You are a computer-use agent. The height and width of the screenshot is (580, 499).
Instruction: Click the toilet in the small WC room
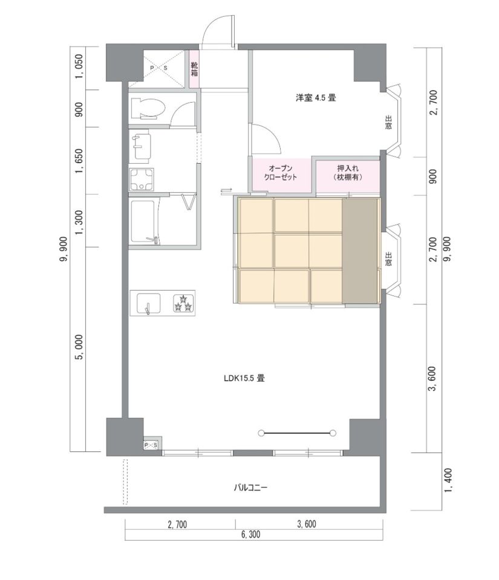pos(148,108)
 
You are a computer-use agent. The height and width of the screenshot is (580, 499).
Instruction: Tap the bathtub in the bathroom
pos(145,222)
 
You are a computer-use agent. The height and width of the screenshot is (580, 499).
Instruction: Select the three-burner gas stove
pos(184,303)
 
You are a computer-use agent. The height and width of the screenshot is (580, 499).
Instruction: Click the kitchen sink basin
pos(149,303)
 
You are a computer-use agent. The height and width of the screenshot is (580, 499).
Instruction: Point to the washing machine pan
pos(141,180)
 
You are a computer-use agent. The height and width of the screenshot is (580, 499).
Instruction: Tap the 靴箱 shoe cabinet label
pos(195,69)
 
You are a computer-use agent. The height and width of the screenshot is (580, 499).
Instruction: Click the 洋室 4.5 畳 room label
pos(316,98)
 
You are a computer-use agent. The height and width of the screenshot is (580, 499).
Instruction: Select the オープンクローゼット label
pos(281,173)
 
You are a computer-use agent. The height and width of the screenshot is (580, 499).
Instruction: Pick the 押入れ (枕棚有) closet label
pos(348,173)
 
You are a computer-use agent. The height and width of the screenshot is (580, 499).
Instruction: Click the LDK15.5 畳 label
pos(244,378)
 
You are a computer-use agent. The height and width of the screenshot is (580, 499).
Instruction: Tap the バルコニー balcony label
pos(250,488)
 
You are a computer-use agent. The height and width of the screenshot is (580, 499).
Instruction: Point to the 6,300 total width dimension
pos(250,534)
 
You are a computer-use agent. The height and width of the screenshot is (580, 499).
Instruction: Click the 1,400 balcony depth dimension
pos(448,480)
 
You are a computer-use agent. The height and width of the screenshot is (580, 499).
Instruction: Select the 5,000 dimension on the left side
pos(80,347)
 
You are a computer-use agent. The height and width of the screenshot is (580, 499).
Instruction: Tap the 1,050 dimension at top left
pos(80,66)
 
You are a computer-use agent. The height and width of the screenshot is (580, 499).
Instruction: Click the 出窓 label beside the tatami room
pos(388,260)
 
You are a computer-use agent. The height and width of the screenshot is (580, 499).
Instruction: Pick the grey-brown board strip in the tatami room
pos(360,251)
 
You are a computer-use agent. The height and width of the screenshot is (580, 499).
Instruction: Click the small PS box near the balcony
pos(151,445)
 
